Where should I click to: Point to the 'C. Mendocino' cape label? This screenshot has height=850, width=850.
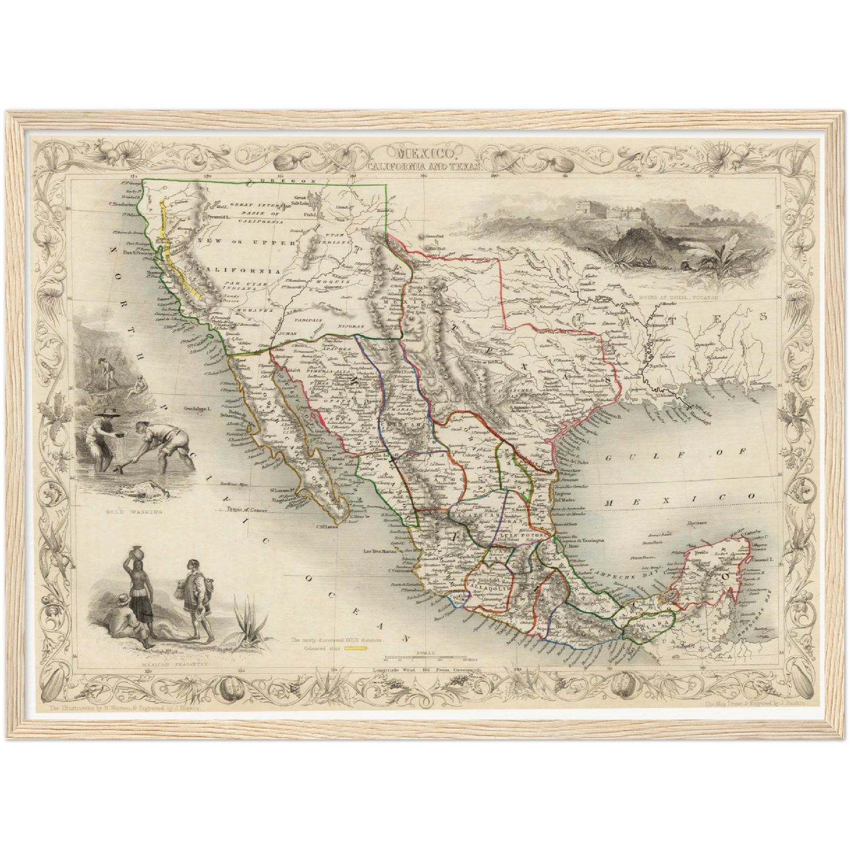(x=122, y=205)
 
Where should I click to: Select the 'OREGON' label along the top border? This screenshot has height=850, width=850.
(x=295, y=181)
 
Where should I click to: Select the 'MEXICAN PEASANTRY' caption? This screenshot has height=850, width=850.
(x=167, y=665)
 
